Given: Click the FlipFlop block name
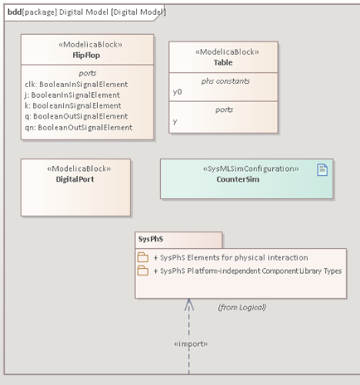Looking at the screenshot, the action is (86, 56).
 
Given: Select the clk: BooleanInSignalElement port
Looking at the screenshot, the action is (76, 85).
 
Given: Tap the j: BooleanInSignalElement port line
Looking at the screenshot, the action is (72, 95).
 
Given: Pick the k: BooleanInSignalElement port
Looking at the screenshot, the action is (73, 105).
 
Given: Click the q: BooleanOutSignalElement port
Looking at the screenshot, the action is (76, 116).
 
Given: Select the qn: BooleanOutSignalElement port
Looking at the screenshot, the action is (79, 128).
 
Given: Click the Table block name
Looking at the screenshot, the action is (223, 62).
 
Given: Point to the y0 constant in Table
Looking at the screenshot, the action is (178, 92).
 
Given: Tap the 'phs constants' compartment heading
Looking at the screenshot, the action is (226, 81).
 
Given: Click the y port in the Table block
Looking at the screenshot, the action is (175, 121).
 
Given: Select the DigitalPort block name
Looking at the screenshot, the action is (75, 179).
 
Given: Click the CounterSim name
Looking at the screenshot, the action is (238, 179).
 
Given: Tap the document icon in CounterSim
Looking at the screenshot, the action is (322, 170).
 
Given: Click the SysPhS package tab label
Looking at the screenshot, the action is (151, 239).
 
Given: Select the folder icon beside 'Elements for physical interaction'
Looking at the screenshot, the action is (143, 257).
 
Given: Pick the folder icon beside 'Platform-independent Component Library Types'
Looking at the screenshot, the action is (143, 270).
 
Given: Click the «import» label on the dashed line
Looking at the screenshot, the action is (191, 344).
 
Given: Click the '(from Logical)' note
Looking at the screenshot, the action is (242, 307).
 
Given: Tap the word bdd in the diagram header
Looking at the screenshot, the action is (14, 12).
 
